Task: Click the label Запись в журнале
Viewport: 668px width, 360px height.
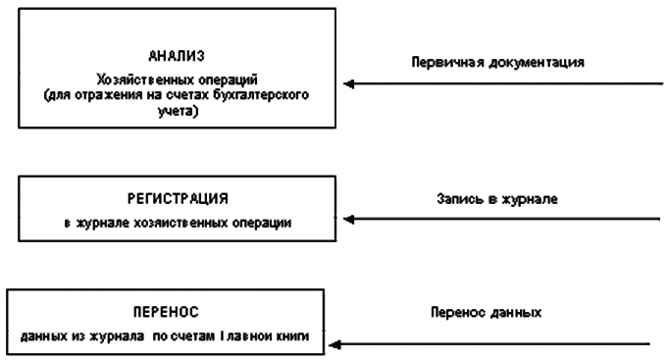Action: coord(496,198)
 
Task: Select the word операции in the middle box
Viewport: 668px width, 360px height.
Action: coord(263,224)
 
